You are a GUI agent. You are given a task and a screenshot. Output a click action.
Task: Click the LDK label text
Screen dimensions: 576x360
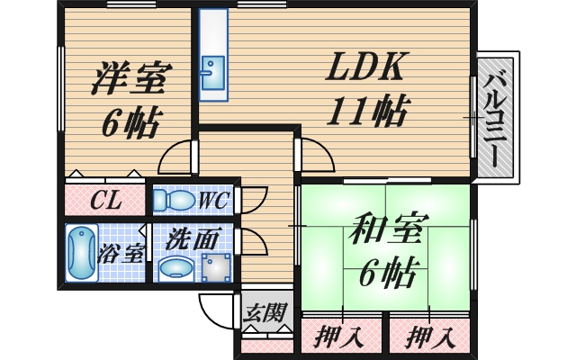click(364, 67)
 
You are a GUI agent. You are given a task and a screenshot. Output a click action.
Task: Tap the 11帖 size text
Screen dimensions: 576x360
click(367, 110)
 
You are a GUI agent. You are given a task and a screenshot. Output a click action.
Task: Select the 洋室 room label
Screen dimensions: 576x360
click(127, 78)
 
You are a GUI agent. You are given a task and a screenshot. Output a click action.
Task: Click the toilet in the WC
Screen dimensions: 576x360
click(174, 200)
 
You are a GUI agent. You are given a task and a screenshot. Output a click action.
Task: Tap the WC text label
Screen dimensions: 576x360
click(214, 200)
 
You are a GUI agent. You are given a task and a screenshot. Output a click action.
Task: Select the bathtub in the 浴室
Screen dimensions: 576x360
click(82, 253)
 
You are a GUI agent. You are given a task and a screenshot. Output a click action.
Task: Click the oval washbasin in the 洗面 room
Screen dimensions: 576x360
click(176, 268)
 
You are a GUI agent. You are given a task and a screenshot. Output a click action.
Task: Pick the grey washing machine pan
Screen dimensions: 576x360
click(217, 267)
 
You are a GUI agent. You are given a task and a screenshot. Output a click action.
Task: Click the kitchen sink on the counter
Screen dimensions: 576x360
click(212, 73)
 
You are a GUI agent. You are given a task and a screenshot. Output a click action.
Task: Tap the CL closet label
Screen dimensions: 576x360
click(106, 201)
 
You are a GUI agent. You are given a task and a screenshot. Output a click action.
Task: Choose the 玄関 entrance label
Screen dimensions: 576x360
click(265, 312)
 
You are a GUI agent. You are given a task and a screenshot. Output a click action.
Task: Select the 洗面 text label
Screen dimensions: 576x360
click(193, 238)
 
